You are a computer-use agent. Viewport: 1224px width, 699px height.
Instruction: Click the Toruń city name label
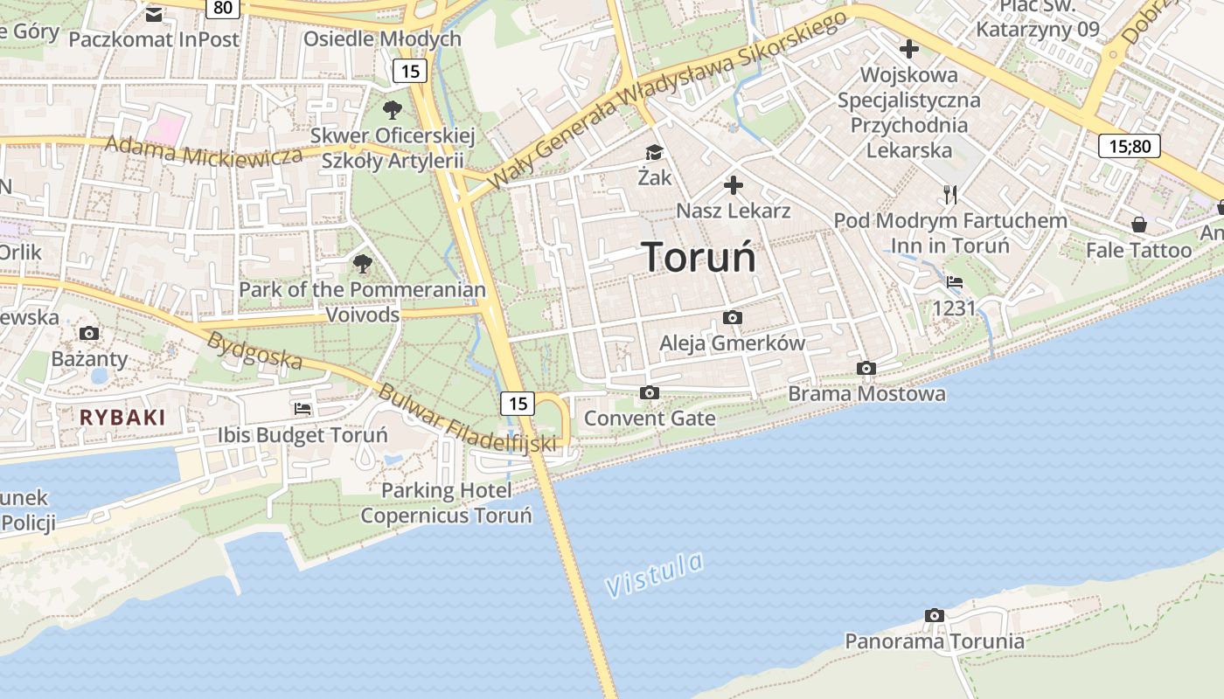[x=699, y=257]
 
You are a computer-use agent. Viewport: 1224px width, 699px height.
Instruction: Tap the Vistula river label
[x=654, y=575]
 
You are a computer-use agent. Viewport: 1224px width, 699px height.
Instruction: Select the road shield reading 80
[x=223, y=8]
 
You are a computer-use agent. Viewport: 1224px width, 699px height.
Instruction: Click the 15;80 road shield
[x=1129, y=145]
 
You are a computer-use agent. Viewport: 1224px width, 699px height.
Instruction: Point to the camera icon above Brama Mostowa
[x=866, y=369]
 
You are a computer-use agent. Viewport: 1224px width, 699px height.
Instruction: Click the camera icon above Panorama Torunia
[x=935, y=616]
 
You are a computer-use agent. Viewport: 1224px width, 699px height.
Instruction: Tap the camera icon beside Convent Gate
[x=649, y=393]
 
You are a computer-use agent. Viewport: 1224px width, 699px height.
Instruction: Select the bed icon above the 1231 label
[x=955, y=282]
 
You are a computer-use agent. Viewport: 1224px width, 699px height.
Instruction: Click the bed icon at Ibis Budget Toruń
[x=303, y=408]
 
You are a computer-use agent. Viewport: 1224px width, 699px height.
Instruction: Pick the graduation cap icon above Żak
[x=654, y=153]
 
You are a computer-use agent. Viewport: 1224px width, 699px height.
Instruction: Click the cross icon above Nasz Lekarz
[x=734, y=185]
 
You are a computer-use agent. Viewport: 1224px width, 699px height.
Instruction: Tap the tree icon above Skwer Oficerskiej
[x=393, y=110]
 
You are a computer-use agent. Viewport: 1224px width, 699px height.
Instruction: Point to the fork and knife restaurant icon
[x=950, y=194]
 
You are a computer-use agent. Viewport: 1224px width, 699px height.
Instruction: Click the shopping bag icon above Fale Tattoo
[x=1138, y=225]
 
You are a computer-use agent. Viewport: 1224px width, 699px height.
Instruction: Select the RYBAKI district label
[x=122, y=418]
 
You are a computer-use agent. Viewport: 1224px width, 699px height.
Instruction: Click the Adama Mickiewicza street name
[x=204, y=154]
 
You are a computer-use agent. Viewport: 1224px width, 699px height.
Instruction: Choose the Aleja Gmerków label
[x=732, y=343]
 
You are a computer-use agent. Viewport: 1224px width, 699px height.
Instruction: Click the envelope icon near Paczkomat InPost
[x=154, y=14]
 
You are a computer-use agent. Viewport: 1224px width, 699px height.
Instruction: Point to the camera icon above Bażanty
[x=88, y=333]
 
